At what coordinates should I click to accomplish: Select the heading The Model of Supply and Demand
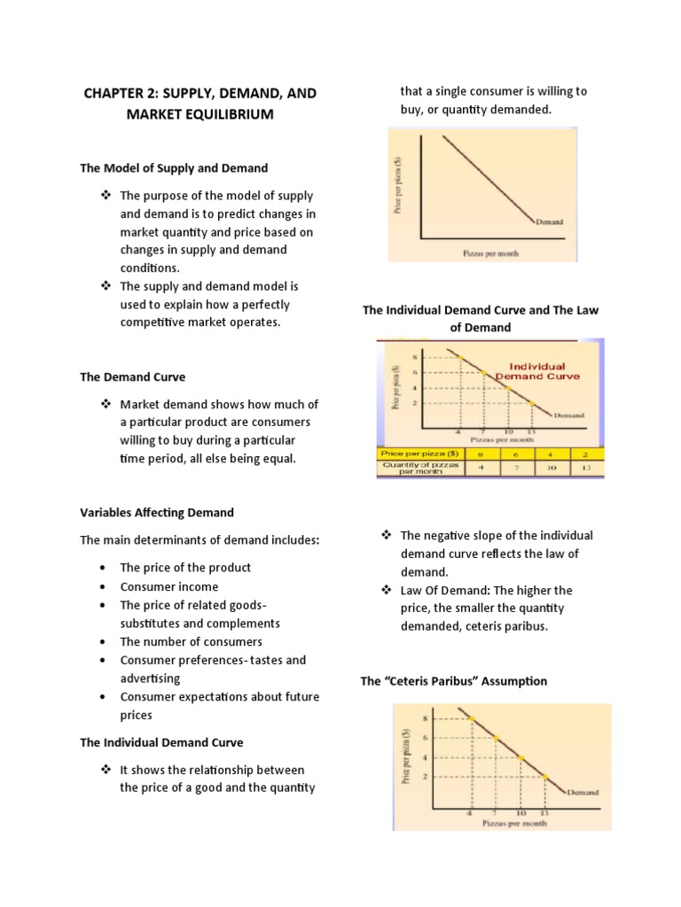click(x=174, y=167)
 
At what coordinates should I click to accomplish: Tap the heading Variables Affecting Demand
click(x=157, y=512)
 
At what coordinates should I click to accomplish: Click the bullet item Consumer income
click(x=168, y=586)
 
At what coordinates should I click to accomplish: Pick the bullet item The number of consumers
click(x=191, y=641)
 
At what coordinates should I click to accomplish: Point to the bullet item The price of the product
click(x=185, y=568)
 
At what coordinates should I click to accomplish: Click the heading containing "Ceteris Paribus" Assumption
click(x=453, y=681)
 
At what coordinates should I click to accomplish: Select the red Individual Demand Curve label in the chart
click(x=537, y=370)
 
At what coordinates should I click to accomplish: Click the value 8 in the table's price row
click(x=481, y=453)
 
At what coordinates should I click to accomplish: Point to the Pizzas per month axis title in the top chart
click(x=490, y=253)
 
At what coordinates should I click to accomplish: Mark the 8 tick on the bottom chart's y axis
click(x=425, y=718)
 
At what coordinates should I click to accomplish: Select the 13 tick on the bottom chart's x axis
click(x=544, y=811)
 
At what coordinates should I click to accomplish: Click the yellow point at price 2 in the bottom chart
click(x=545, y=777)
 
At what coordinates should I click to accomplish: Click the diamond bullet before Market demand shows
click(x=105, y=404)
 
